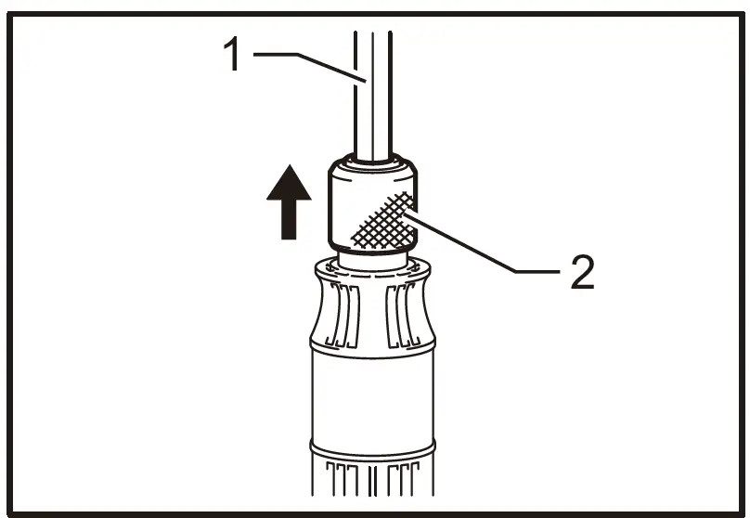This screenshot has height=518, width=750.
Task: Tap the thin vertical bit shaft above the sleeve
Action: pos(370,93)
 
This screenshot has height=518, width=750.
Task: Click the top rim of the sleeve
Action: pos(372,166)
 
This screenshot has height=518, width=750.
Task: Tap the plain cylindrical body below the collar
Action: pos(372,399)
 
